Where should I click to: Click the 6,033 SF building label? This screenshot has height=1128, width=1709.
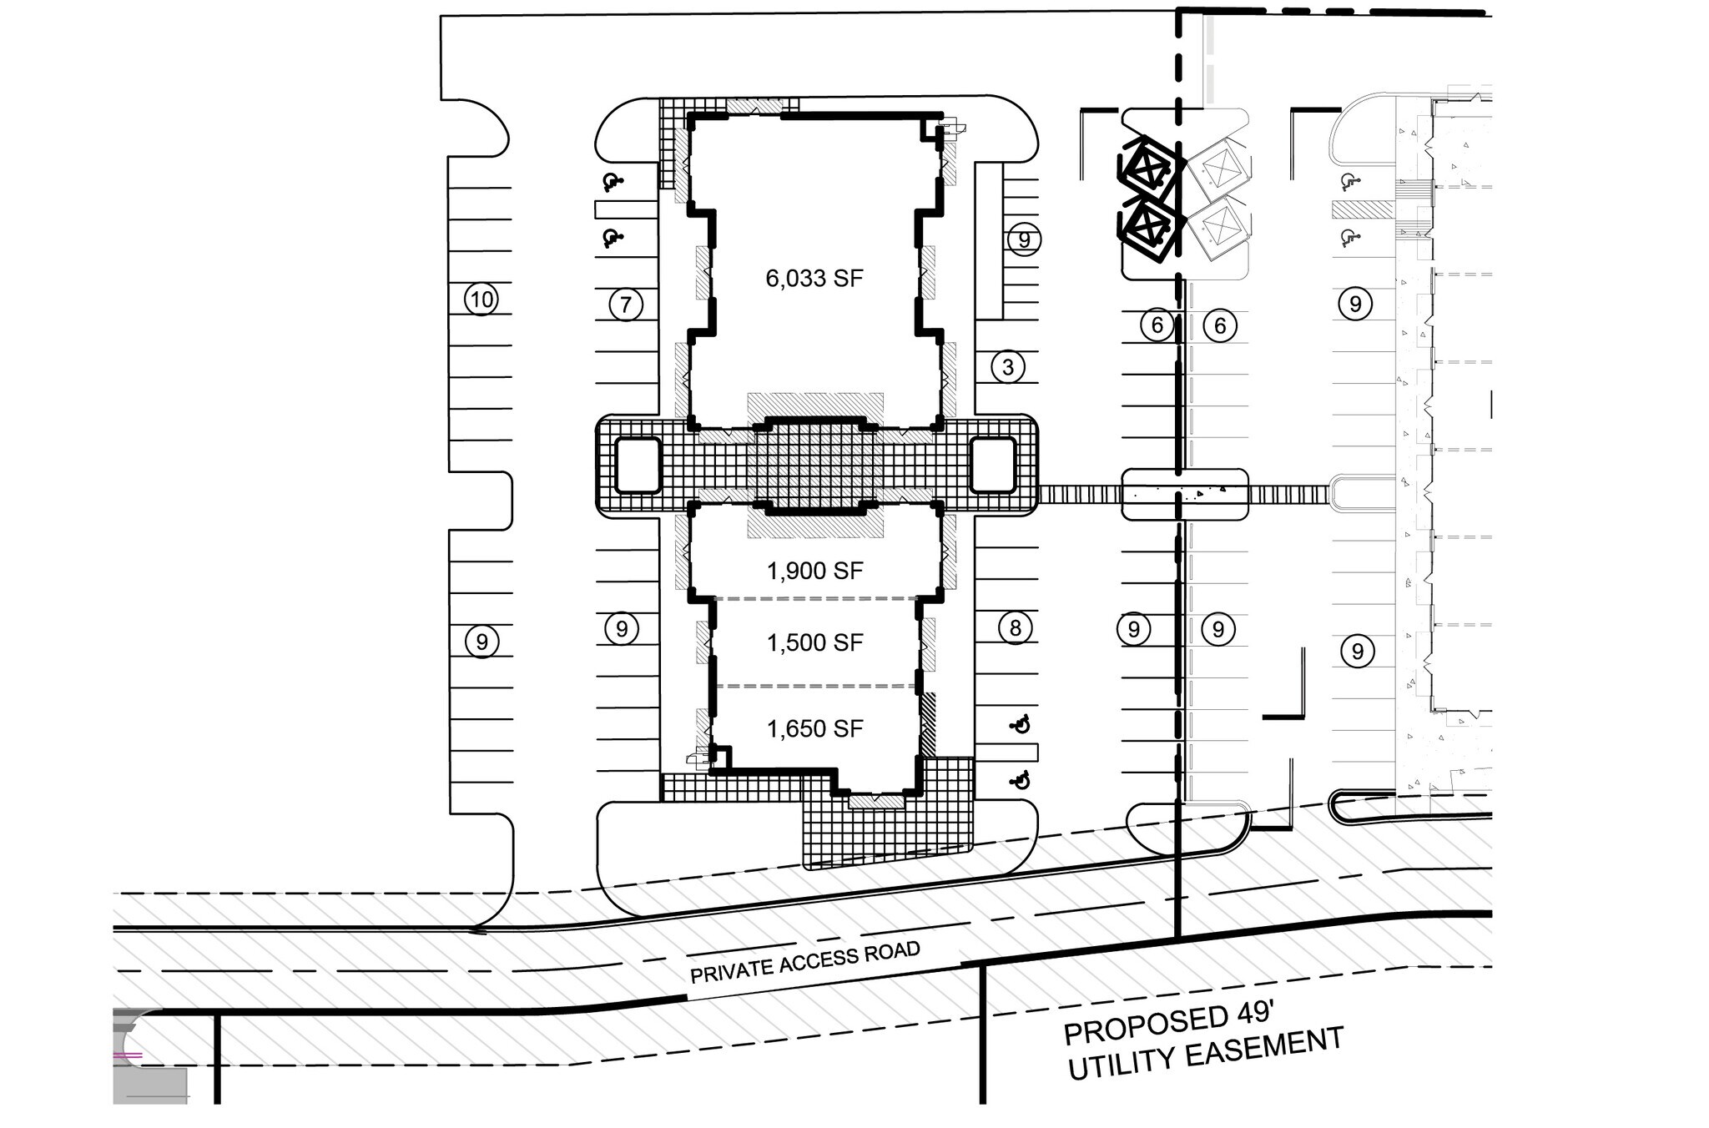pyautogui.click(x=814, y=279)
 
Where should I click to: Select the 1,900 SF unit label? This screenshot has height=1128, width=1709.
pyautogui.click(x=814, y=572)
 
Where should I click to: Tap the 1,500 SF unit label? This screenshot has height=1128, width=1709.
pyautogui.click(x=814, y=643)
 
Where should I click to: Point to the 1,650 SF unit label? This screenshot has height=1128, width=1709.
pyautogui.click(x=814, y=729)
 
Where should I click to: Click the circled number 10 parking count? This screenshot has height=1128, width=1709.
pyautogui.click(x=481, y=300)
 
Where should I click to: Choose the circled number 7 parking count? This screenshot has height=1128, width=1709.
pyautogui.click(x=626, y=305)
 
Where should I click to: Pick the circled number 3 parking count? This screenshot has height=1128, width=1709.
pyautogui.click(x=1008, y=366)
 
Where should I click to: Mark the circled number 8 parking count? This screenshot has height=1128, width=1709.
pyautogui.click(x=1015, y=627)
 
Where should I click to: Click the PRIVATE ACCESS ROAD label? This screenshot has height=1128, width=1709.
pyautogui.click(x=805, y=962)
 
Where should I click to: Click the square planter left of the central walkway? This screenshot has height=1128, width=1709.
pyautogui.click(x=638, y=465)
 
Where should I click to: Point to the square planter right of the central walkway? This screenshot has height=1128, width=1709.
pyautogui.click(x=993, y=465)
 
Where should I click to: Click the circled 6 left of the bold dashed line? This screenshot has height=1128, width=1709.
pyautogui.click(x=1157, y=325)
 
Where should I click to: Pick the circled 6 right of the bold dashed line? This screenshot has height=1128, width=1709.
pyautogui.click(x=1220, y=325)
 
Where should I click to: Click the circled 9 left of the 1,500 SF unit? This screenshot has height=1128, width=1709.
pyautogui.click(x=621, y=627)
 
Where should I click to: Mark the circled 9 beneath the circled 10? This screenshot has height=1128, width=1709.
pyautogui.click(x=481, y=642)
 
